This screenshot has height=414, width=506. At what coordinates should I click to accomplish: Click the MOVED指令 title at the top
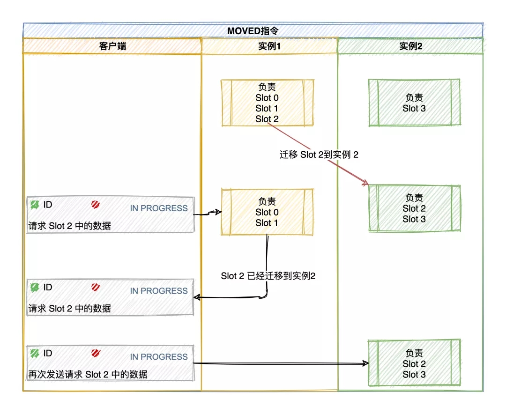click(x=253, y=31)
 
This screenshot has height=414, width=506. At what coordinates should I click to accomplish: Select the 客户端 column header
click(x=112, y=46)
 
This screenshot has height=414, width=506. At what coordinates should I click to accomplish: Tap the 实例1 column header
click(x=269, y=46)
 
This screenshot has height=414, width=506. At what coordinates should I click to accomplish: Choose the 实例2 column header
click(x=410, y=46)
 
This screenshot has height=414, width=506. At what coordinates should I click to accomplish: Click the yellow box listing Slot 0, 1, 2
click(x=267, y=103)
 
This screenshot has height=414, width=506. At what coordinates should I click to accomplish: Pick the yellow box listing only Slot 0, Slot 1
click(x=267, y=212)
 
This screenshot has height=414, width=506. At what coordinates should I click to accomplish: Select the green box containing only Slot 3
click(x=414, y=103)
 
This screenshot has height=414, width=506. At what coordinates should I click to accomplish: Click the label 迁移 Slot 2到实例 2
click(x=319, y=155)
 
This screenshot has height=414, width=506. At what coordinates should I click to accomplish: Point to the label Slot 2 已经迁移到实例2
click(x=268, y=276)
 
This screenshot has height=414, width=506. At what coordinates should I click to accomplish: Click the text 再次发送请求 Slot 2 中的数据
click(x=88, y=374)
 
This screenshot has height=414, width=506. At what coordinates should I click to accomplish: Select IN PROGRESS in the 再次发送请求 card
click(x=158, y=357)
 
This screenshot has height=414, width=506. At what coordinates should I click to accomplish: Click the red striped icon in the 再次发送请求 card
click(x=96, y=353)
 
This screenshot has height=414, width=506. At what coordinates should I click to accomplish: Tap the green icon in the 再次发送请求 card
click(x=34, y=353)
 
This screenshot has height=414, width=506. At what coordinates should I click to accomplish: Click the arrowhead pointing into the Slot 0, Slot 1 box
click(x=217, y=213)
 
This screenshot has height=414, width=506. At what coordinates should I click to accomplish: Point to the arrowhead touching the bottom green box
click(x=365, y=363)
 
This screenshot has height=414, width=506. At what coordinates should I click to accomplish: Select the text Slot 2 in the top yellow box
click(x=267, y=119)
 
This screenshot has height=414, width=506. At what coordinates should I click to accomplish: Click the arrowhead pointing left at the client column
click(x=198, y=297)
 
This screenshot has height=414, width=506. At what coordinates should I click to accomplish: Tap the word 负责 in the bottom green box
click(x=414, y=353)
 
